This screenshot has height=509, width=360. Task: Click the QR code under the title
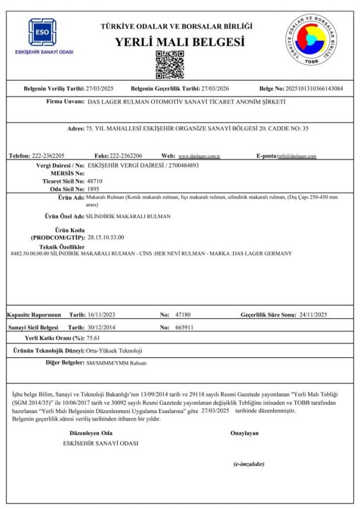pos(167,65)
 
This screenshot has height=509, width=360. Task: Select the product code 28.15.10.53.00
pos(106,237)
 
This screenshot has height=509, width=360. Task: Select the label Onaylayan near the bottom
pos(244,433)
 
